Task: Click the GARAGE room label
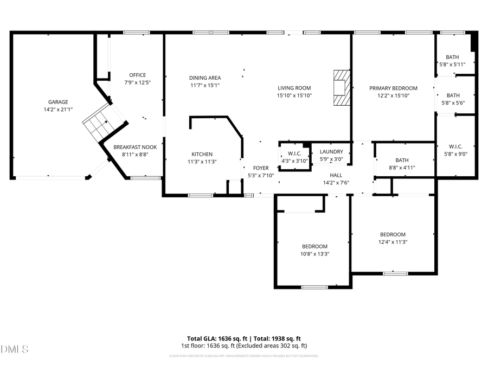click(57, 102)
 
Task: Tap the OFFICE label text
click(137, 75)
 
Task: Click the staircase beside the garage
click(98, 124)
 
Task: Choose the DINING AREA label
click(205, 78)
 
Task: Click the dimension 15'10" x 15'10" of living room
click(294, 95)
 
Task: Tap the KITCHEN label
click(202, 154)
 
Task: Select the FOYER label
click(260, 168)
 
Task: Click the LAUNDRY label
click(331, 152)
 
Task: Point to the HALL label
click(336, 175)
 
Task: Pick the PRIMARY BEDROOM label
click(393, 88)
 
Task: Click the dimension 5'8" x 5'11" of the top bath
click(452, 65)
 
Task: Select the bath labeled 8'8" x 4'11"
click(402, 163)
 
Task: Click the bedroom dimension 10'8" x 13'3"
click(314, 254)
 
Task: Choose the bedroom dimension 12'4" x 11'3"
click(393, 242)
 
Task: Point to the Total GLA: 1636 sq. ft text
click(215, 338)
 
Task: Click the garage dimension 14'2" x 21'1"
click(57, 109)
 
